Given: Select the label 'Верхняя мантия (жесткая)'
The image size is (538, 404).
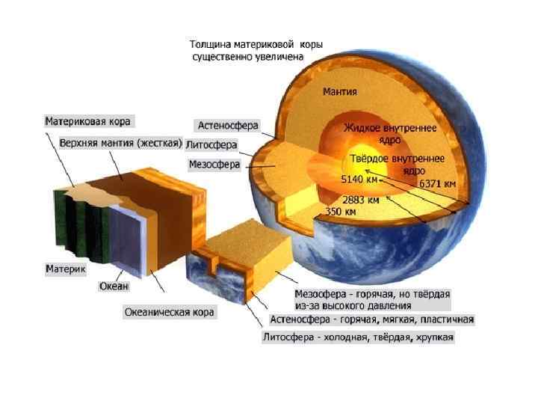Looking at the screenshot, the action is pyautogui.click(x=120, y=142).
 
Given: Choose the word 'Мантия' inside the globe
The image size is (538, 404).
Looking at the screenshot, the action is pyautogui.click(x=339, y=93).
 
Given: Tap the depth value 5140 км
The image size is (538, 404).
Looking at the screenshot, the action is pyautogui.click(x=360, y=180).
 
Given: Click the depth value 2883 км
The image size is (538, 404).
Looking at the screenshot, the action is pyautogui.click(x=360, y=200).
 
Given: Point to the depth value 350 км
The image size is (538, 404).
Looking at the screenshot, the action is pyautogui.click(x=341, y=212).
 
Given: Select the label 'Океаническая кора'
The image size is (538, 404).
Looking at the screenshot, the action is pyautogui.click(x=169, y=312).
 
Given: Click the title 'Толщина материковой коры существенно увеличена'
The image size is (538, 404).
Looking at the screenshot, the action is pyautogui.click(x=256, y=50).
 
